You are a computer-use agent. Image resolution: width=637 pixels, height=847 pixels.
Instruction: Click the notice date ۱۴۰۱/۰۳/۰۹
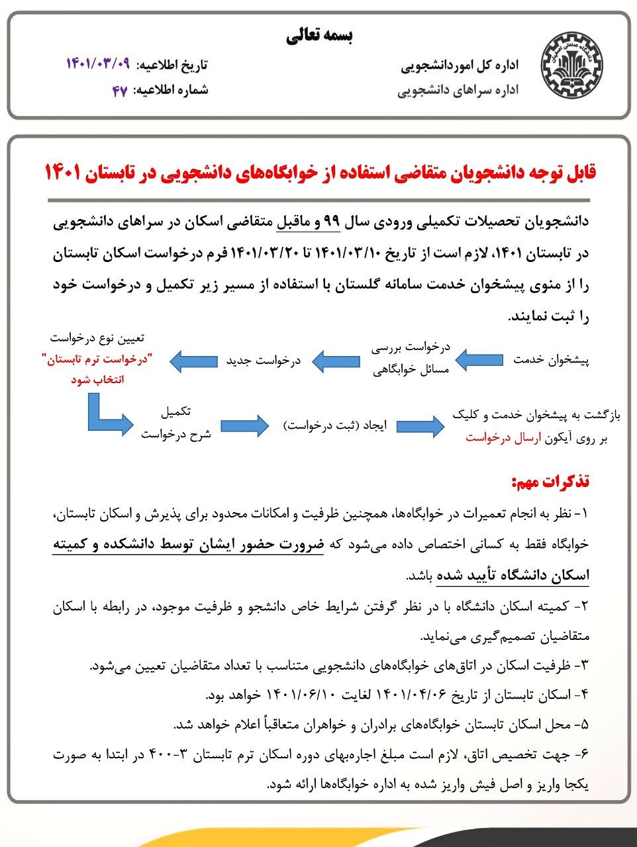point(98,64)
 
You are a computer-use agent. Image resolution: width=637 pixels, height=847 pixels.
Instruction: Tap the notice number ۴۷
point(119,90)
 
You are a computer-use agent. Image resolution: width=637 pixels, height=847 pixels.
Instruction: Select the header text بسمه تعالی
point(320,37)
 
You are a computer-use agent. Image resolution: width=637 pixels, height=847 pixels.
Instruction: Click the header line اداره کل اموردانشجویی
point(460,65)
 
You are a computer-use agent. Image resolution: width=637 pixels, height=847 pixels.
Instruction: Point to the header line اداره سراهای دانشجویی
point(458,90)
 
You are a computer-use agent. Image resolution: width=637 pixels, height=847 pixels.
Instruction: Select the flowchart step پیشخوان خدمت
point(551,360)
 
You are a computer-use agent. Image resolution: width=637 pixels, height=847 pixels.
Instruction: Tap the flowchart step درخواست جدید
point(264,361)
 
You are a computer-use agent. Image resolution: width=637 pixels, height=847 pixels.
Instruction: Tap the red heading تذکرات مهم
point(550,482)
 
